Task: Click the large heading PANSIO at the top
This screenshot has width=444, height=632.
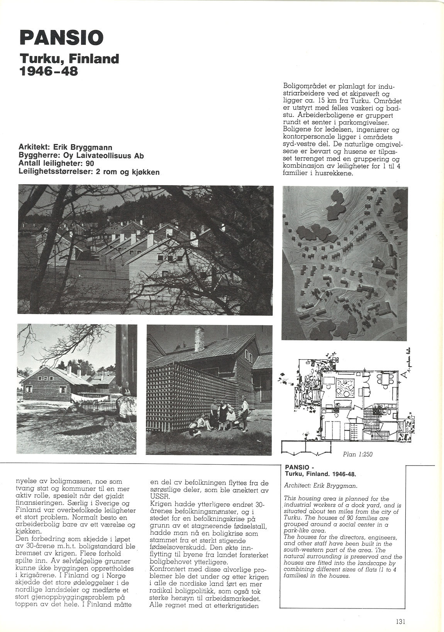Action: pyautogui.click(x=62, y=38)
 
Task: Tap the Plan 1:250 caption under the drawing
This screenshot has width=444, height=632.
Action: pyautogui.click(x=358, y=454)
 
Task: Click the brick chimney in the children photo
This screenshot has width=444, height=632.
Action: pyautogui.click(x=199, y=338)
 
